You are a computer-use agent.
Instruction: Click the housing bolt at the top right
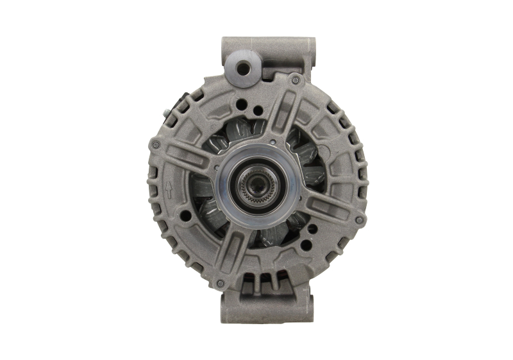click(295, 80)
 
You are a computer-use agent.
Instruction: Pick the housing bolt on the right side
click(359, 220)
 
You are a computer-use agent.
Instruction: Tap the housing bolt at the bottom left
click(220, 283)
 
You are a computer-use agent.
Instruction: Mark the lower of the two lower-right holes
click(307, 244)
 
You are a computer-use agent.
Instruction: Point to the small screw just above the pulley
click(273, 142)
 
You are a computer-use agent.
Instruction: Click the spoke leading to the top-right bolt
click(280, 119)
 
